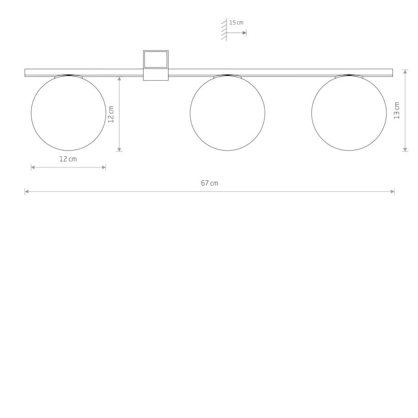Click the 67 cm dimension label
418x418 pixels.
pos(209,183)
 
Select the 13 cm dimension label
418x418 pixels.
pos(397,111)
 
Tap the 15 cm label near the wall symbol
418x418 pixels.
pos(236,22)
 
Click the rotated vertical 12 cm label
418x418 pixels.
pos(111,114)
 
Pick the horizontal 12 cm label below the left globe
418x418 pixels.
pos(68,159)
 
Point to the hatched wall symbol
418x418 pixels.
pos(225,30)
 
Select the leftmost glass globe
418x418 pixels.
pos(68,113)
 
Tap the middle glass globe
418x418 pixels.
pos(227,113)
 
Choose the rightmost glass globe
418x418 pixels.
pos(349,113)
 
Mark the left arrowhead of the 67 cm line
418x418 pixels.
pos(27,191)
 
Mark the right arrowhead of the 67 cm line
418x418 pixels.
pos(392,191)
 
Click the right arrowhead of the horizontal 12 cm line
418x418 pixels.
pos(104,167)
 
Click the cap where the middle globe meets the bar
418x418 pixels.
pos(227,76)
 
